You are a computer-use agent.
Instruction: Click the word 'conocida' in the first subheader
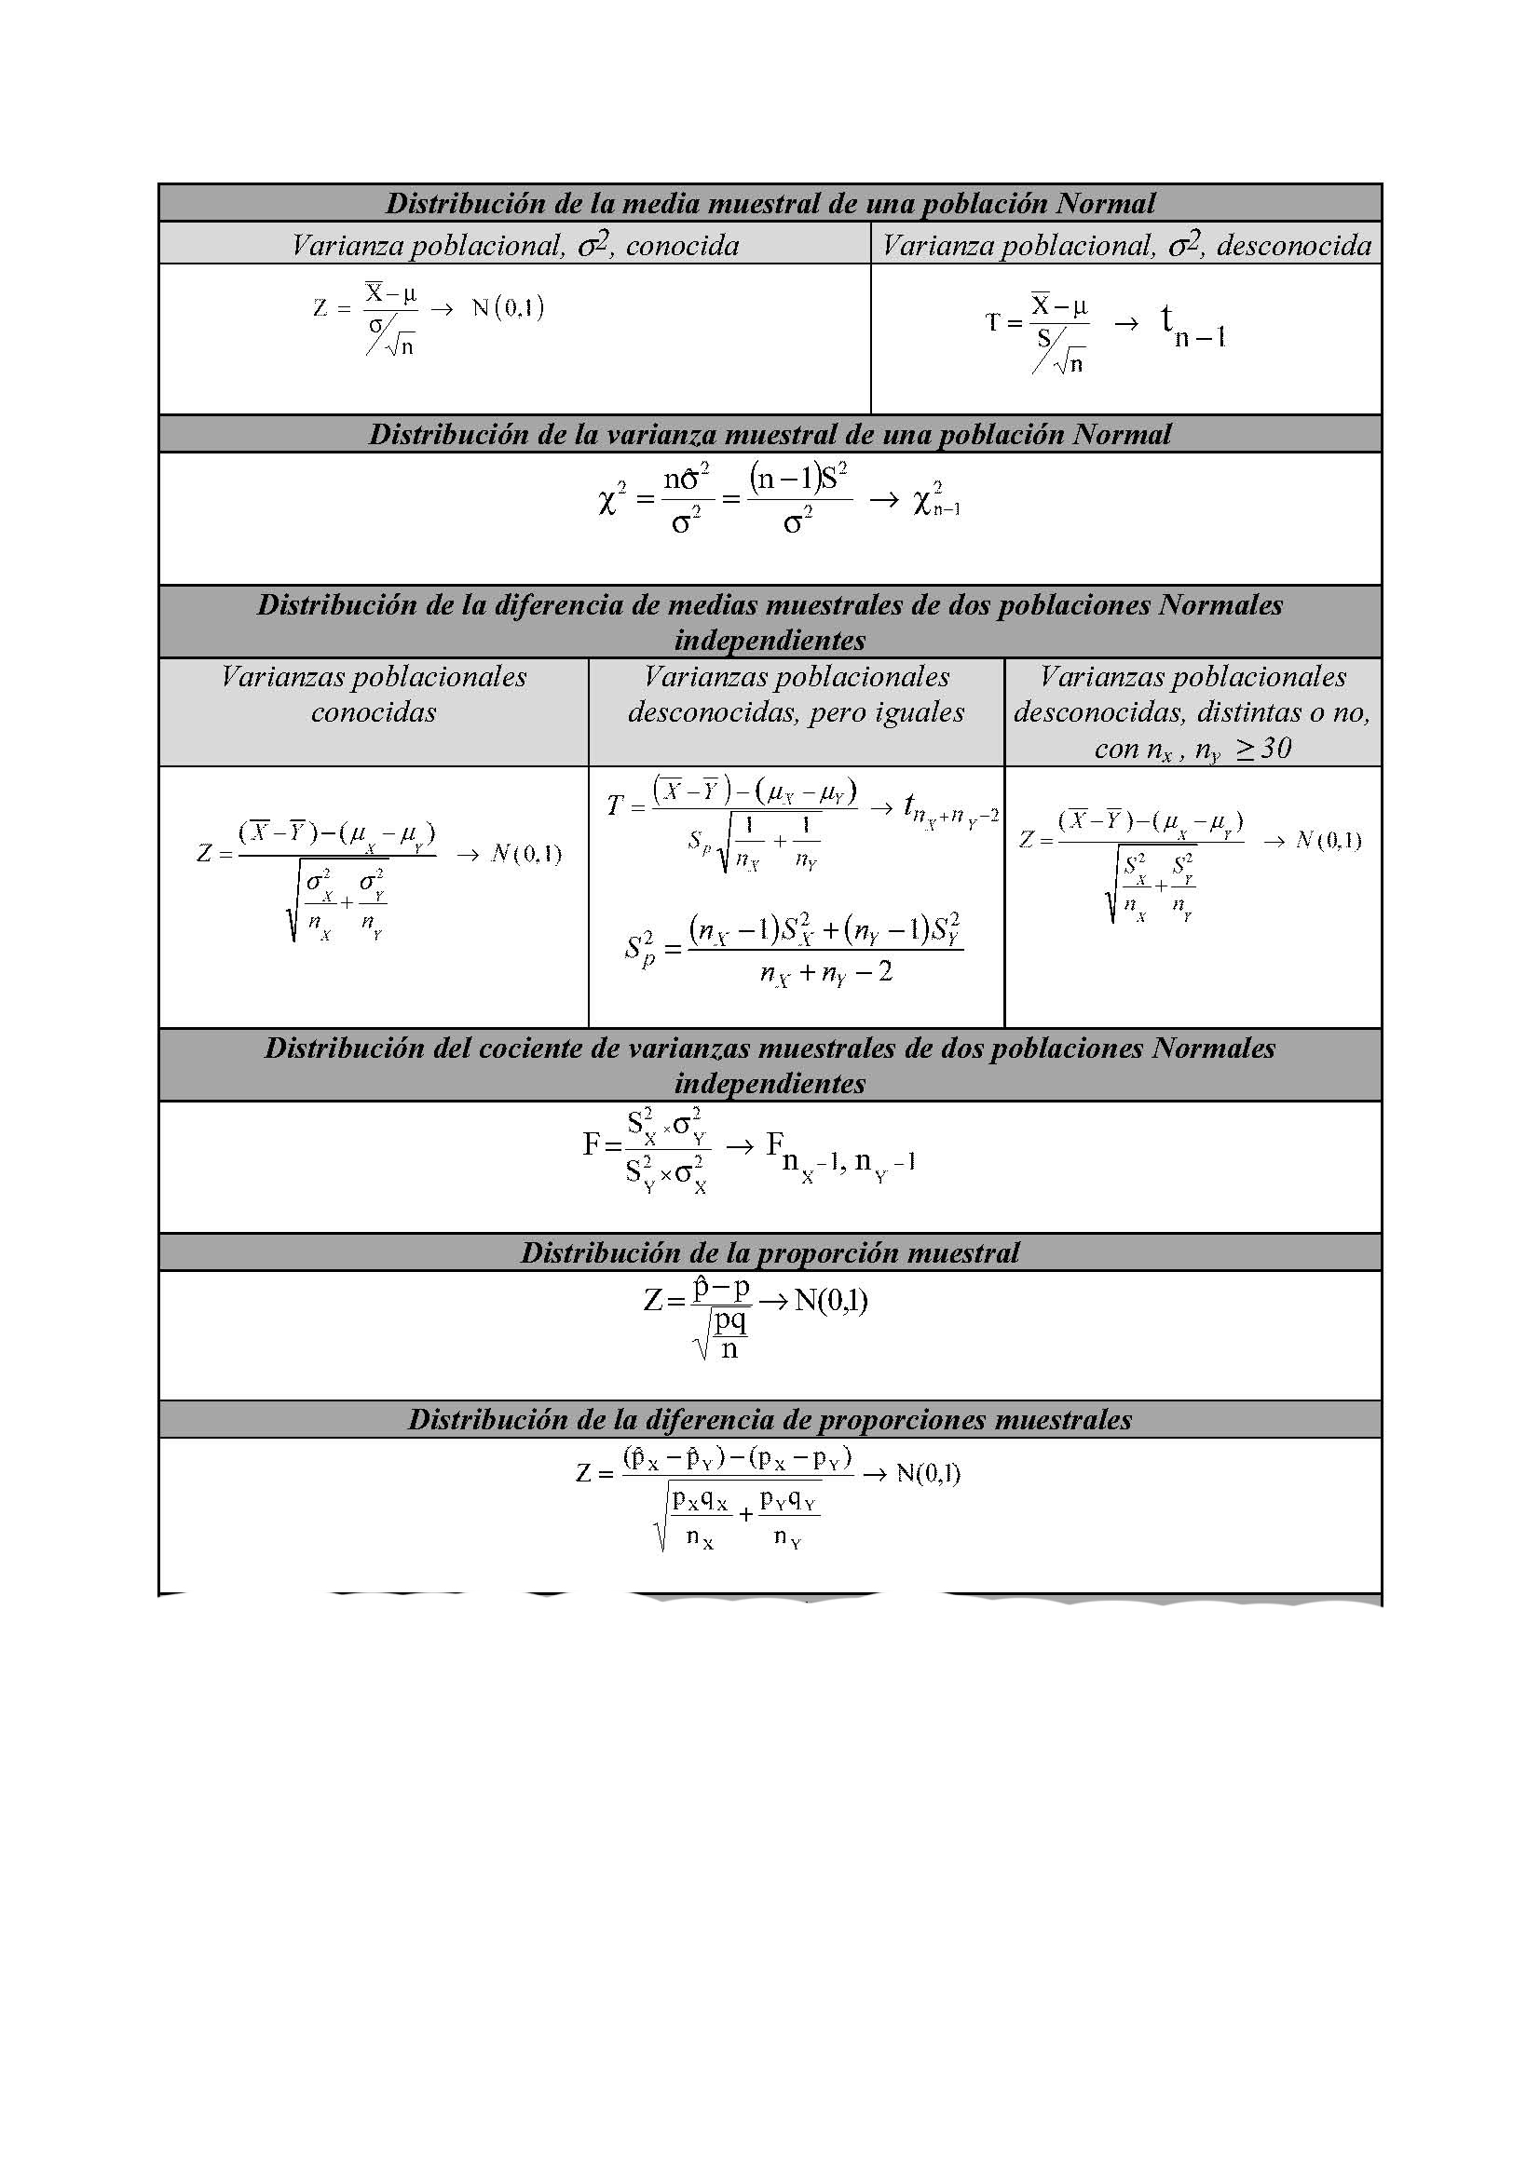click(x=682, y=247)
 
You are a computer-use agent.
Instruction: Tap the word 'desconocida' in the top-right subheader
click(x=1294, y=247)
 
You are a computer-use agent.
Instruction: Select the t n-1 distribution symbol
click(x=1192, y=327)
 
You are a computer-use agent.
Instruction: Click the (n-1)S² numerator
click(x=797, y=476)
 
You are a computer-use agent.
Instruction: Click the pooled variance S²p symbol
click(x=640, y=947)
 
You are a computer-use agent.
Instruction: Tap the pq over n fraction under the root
click(x=730, y=1333)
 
